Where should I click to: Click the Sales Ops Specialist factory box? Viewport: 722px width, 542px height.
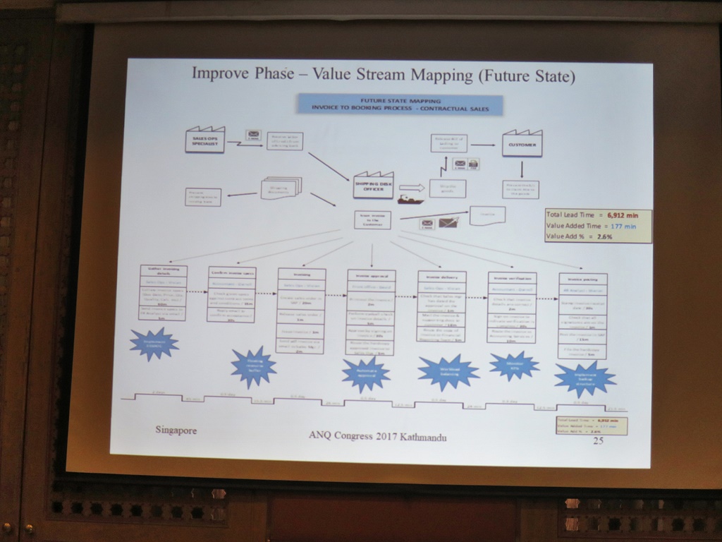click(x=204, y=140)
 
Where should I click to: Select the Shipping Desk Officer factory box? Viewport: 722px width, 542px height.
click(x=373, y=186)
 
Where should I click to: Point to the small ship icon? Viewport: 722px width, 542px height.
click(x=410, y=200)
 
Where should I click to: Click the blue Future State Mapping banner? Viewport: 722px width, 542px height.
click(x=400, y=104)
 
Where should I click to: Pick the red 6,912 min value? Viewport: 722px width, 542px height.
click(x=623, y=215)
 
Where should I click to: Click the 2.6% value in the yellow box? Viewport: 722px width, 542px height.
click(x=604, y=236)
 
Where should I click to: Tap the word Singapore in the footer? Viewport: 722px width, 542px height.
click(x=176, y=430)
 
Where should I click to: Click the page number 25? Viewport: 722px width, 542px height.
click(x=598, y=441)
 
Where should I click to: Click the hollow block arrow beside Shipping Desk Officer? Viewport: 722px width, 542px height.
click(x=412, y=188)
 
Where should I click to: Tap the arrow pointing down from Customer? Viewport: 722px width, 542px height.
click(x=522, y=169)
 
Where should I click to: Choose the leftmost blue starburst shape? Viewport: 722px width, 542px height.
click(x=153, y=344)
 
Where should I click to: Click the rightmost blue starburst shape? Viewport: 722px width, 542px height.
click(x=585, y=378)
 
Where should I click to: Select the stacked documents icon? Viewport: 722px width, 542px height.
click(x=281, y=187)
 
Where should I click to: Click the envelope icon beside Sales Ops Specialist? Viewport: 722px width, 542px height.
click(x=253, y=135)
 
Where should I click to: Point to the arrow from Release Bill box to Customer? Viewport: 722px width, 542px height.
click(x=483, y=145)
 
